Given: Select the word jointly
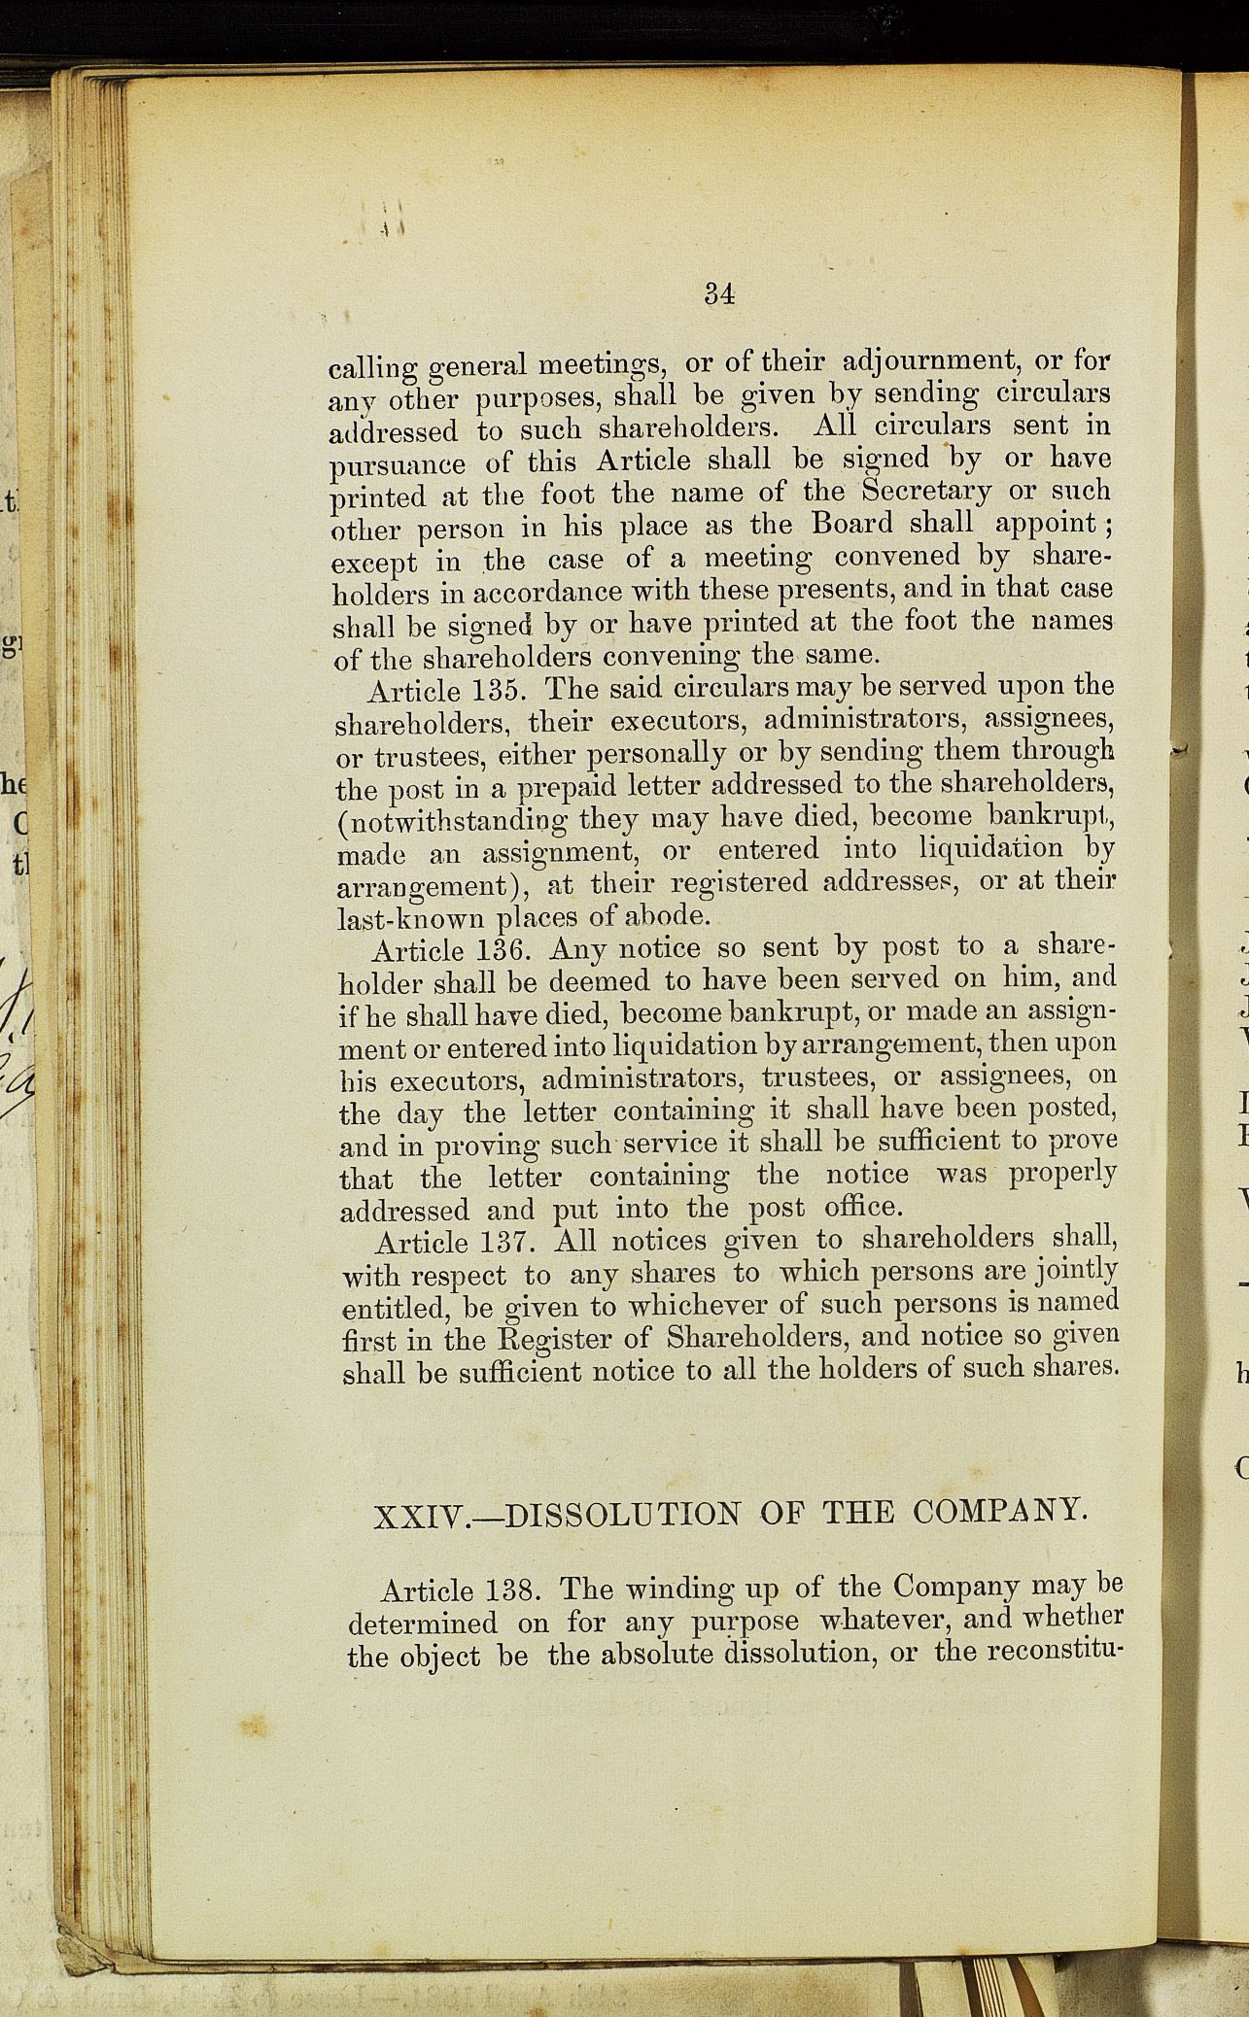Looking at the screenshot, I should [1075, 1269].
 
